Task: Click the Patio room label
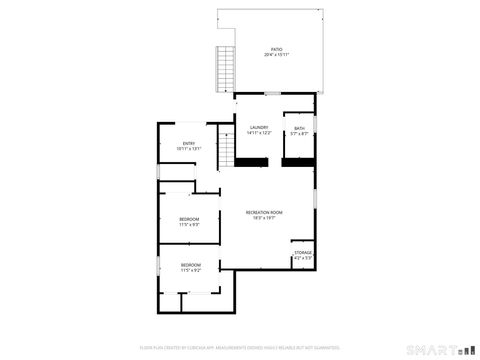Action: (x=276, y=48)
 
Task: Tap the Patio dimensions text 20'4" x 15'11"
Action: (x=276, y=54)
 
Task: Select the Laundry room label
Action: (x=258, y=127)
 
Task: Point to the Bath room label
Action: (x=299, y=127)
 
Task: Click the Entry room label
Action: (x=188, y=143)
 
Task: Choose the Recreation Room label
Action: (x=265, y=212)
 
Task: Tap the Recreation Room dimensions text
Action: (x=265, y=218)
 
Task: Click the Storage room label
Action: (x=303, y=253)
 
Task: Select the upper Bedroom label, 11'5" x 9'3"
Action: (x=189, y=219)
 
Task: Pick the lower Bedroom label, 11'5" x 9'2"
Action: (x=190, y=264)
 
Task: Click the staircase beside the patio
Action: (x=225, y=67)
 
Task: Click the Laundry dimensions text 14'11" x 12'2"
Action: (x=258, y=133)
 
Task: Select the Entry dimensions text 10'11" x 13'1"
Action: (x=188, y=149)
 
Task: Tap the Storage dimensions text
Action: (x=303, y=259)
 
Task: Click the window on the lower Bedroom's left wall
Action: (x=158, y=268)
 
